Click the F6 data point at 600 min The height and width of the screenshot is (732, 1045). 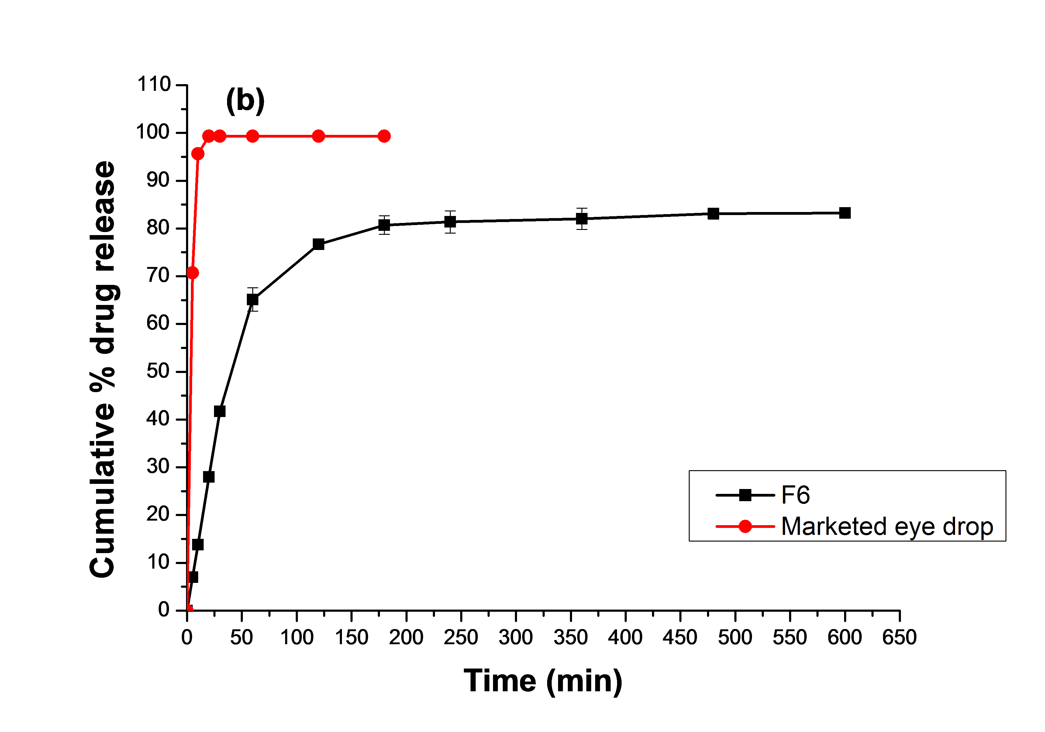click(x=845, y=213)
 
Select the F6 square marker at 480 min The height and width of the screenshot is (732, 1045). click(x=713, y=214)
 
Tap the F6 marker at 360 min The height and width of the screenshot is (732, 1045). click(x=582, y=219)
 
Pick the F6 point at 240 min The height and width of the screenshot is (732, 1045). click(x=450, y=222)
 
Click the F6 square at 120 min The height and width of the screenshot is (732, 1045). click(x=319, y=244)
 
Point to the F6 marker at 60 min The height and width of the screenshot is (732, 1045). click(x=253, y=300)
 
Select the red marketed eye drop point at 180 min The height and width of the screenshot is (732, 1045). click(x=384, y=136)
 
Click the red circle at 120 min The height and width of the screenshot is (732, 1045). click(x=319, y=136)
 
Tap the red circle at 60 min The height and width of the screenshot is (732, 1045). click(x=253, y=136)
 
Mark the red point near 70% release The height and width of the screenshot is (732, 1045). click(x=192, y=273)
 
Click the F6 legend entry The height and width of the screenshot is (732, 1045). click(x=795, y=495)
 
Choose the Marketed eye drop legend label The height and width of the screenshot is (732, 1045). click(x=887, y=527)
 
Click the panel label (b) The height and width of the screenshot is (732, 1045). click(x=245, y=101)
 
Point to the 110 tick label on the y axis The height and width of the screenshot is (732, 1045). click(x=154, y=85)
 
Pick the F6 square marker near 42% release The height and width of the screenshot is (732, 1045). click(x=220, y=411)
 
